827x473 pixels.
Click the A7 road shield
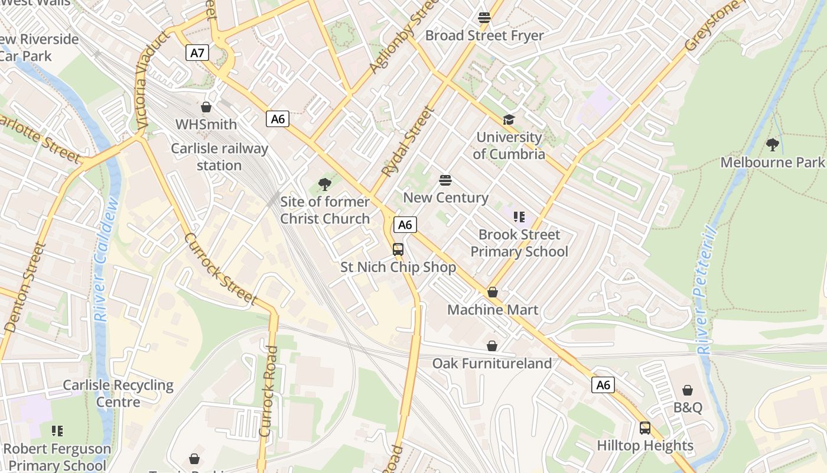click(x=197, y=53)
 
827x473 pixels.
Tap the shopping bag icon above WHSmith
click(x=206, y=107)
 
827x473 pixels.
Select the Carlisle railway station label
click(x=219, y=157)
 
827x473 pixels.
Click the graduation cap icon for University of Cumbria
click(x=509, y=120)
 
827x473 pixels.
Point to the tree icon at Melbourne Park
click(x=772, y=144)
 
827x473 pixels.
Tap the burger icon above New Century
click(x=445, y=180)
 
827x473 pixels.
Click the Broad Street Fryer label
click(x=484, y=35)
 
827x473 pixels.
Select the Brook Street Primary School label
click(x=519, y=243)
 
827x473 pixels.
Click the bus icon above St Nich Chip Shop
click(x=398, y=250)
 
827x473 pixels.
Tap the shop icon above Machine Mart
click(x=493, y=292)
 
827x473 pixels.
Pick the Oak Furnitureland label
click(x=492, y=363)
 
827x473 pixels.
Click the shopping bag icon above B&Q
click(x=688, y=390)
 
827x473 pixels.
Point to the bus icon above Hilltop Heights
click(x=645, y=427)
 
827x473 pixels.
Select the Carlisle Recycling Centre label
click(x=118, y=393)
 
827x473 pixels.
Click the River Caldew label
click(x=106, y=260)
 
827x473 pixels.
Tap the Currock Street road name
click(x=221, y=269)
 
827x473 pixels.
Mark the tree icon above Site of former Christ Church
click(x=324, y=184)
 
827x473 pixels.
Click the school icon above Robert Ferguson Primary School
click(x=57, y=431)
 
